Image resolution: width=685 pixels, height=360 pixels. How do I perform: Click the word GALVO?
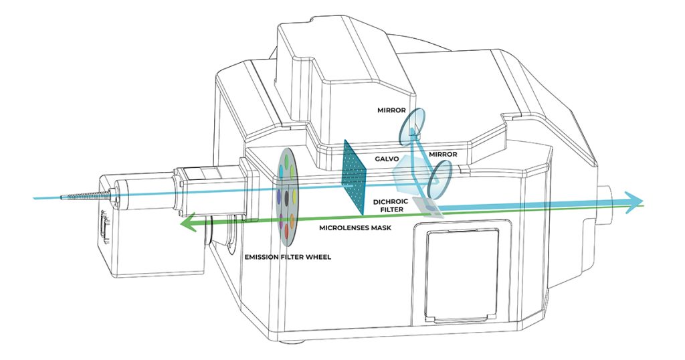(x=384, y=159)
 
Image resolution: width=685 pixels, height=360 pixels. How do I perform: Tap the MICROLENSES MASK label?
(x=355, y=228)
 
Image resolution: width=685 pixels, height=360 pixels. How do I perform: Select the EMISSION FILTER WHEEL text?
(x=288, y=257)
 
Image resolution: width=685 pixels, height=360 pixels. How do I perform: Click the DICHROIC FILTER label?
(x=391, y=205)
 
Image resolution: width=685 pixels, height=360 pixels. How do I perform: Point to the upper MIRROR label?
(x=392, y=110)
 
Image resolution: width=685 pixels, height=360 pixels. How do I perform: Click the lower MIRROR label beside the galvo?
(x=443, y=154)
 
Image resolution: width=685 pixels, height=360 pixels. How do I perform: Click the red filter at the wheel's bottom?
(x=286, y=231)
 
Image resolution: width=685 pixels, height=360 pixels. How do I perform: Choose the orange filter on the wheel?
(x=292, y=217)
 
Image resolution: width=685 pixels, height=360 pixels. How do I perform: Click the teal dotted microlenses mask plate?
(x=353, y=177)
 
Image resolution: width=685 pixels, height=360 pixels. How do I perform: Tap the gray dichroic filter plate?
(x=427, y=207)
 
